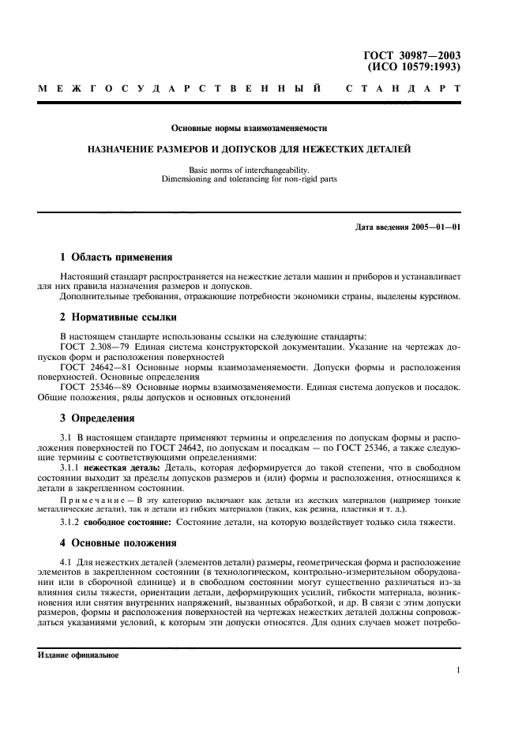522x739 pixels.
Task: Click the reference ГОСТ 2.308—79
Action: pyautogui.click(x=89, y=347)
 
